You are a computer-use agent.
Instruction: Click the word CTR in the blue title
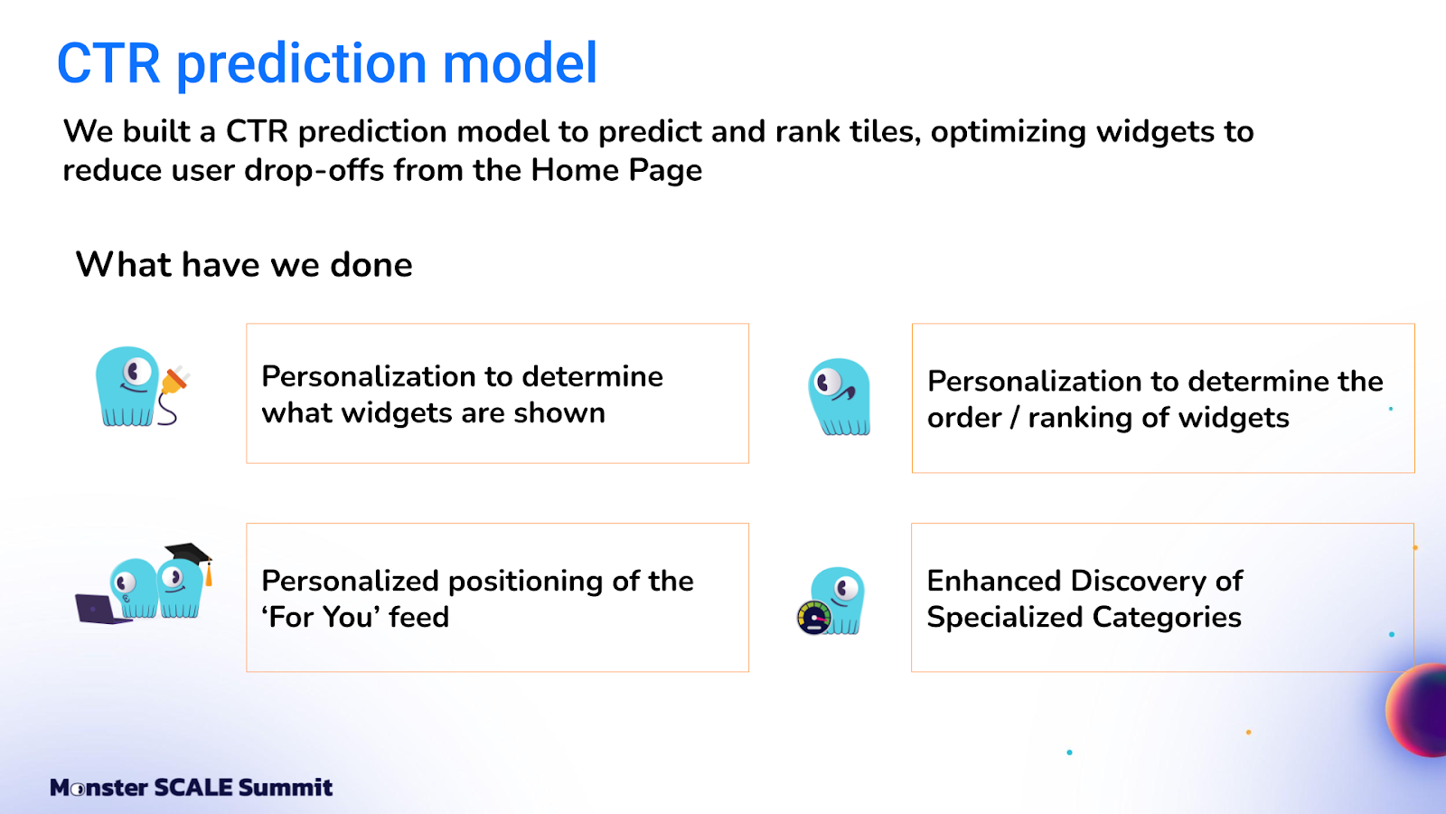point(108,63)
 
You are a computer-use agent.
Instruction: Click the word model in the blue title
point(520,63)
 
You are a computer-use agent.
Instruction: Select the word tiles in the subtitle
point(885,132)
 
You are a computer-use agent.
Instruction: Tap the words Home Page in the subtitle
point(616,171)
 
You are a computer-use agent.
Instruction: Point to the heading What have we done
point(244,265)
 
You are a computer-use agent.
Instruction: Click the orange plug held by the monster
point(174,381)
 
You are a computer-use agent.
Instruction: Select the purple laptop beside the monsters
point(101,609)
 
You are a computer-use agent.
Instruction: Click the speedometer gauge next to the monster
point(813,617)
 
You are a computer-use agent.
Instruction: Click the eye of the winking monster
point(827,382)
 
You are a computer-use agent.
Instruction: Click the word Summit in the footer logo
point(286,788)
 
